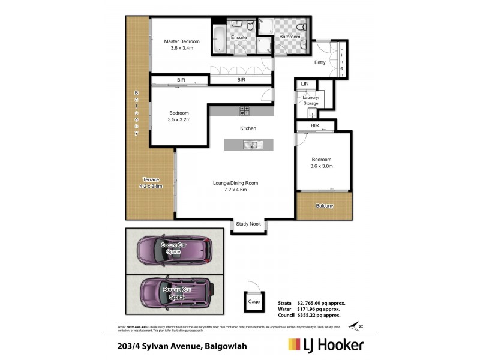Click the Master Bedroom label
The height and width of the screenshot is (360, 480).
click(x=182, y=41)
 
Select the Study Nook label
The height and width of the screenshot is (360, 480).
click(x=248, y=224)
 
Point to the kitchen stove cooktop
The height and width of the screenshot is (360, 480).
click(x=245, y=110)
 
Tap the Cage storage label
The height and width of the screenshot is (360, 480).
click(x=254, y=302)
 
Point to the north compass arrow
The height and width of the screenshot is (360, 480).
click(x=356, y=325)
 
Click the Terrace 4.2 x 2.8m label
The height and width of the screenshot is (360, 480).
click(x=150, y=183)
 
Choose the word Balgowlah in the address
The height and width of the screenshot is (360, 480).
click(x=226, y=346)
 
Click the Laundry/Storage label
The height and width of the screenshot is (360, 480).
click(x=311, y=100)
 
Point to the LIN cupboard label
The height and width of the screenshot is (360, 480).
click(x=304, y=83)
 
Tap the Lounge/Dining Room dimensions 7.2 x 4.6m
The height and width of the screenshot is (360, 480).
click(x=235, y=190)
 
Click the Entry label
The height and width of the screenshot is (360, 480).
click(x=320, y=62)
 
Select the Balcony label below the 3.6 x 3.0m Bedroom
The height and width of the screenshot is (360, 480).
click(x=325, y=206)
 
